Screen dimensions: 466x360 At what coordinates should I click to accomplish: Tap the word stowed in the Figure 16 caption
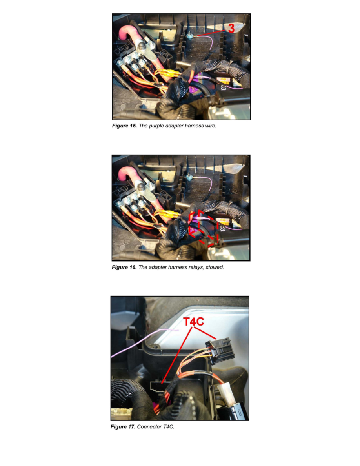(x=214, y=267)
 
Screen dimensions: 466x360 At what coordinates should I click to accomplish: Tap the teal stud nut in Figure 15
(x=190, y=36)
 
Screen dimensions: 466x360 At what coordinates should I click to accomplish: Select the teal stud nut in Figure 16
(x=190, y=177)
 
